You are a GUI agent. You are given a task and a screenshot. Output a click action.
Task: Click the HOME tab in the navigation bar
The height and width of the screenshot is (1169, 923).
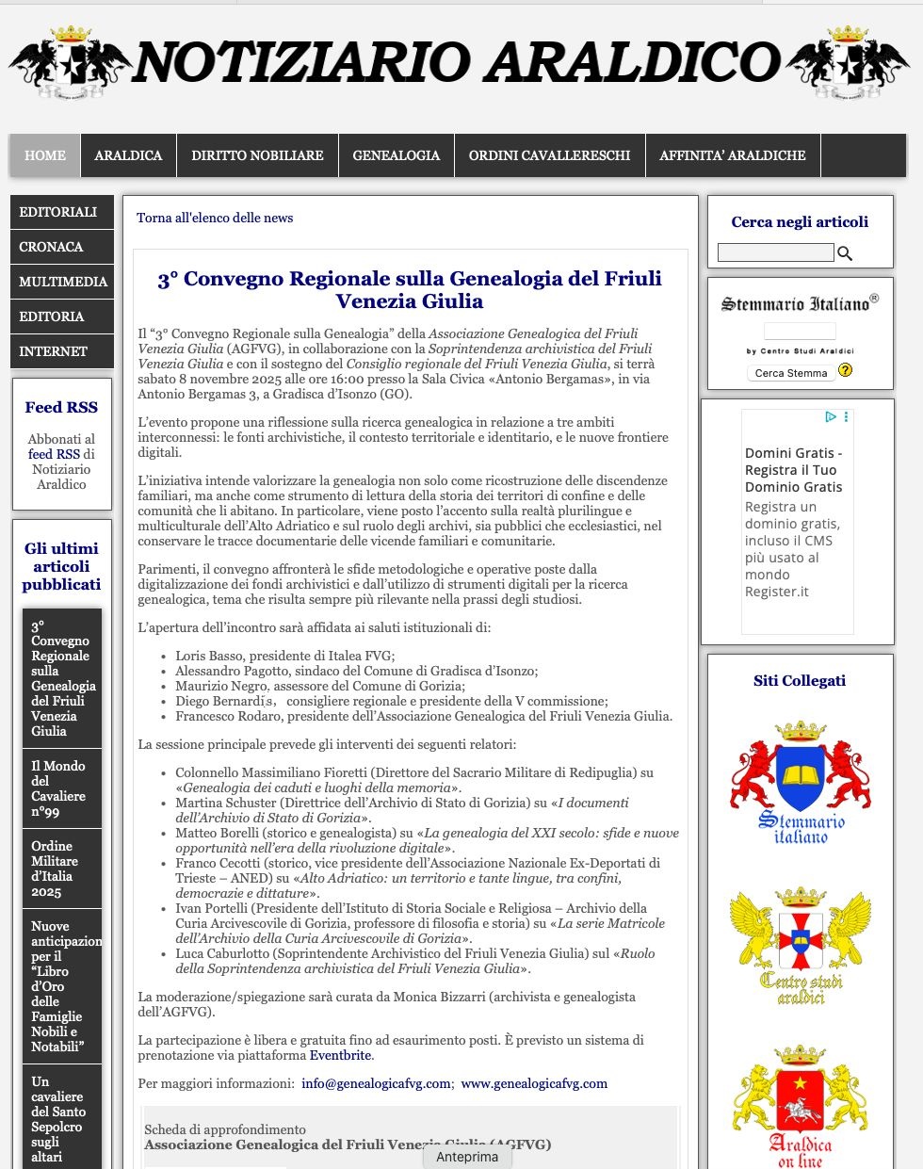[45, 155]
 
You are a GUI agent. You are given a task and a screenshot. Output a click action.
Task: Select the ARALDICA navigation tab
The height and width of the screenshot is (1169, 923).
[128, 155]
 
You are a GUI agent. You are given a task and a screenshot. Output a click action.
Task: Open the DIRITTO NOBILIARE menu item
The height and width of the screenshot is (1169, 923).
[257, 155]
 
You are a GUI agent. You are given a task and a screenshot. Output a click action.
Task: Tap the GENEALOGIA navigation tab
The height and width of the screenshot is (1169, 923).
[396, 155]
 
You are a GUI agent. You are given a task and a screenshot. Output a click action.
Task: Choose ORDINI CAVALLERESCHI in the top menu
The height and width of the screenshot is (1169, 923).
[549, 155]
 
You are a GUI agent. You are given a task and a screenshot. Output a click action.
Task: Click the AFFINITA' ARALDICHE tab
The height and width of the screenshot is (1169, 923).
[732, 155]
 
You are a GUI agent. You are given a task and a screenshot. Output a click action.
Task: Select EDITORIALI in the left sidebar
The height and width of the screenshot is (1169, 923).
[61, 212]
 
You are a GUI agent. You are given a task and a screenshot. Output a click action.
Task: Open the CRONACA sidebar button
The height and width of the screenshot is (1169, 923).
[61, 247]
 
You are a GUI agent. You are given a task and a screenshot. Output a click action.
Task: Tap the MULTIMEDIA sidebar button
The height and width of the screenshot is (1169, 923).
[61, 282]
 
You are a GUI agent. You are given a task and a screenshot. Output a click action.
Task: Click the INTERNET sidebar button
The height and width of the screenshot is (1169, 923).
[61, 351]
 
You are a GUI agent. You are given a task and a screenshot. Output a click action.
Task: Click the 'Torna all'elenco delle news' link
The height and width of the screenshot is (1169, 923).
[215, 218]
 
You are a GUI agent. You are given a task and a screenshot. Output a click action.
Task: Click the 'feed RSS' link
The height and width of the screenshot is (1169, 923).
[54, 454]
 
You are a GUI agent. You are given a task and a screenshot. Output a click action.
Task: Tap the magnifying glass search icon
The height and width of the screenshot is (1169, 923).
[845, 252]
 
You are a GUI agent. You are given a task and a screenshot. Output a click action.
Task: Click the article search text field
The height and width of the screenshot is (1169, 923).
[775, 252]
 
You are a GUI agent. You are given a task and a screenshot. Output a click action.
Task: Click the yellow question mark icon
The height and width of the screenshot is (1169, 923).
[845, 370]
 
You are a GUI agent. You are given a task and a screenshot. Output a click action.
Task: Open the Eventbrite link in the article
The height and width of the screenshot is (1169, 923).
[340, 1055]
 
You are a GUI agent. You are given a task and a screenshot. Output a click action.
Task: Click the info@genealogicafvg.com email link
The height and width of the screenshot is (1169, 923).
[376, 1083]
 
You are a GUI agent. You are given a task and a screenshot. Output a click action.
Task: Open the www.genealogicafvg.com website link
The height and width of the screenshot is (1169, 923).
[534, 1083]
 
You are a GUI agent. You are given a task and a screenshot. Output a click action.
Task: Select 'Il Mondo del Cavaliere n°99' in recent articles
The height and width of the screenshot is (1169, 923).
[58, 788]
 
